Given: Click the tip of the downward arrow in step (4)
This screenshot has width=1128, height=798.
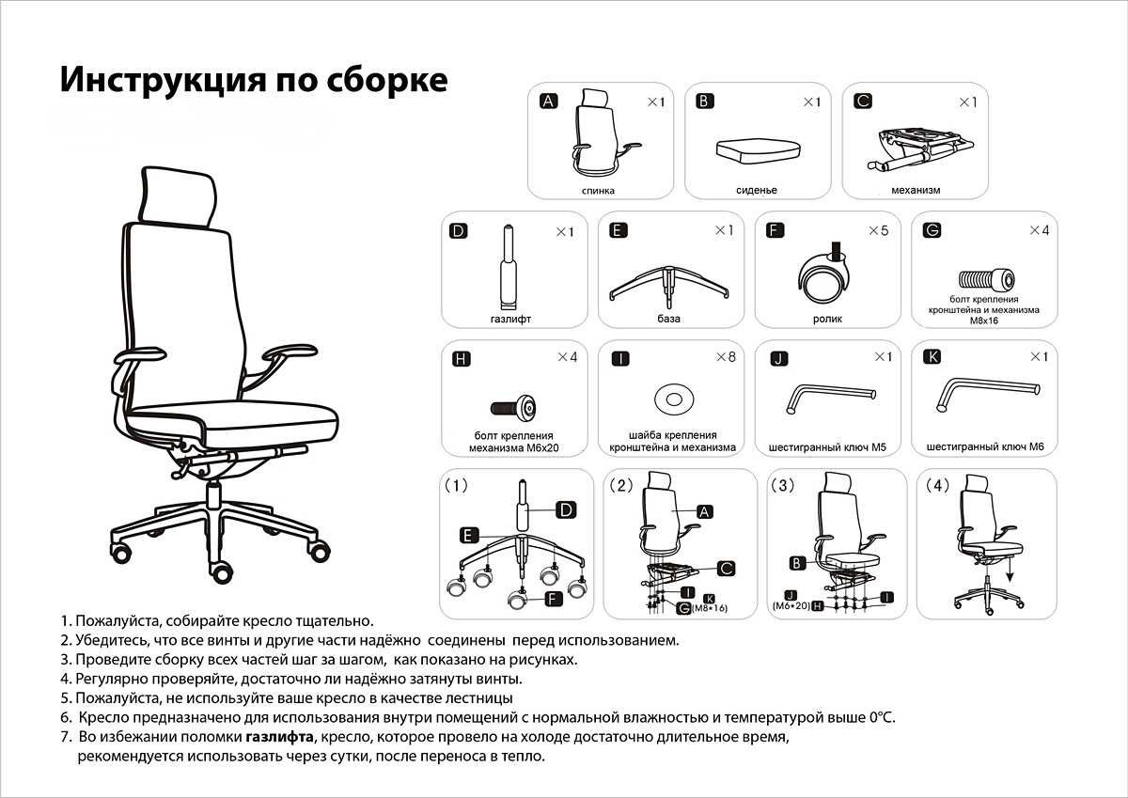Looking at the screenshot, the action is [x=1010, y=582].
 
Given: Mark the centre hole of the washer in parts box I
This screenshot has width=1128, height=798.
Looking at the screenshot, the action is [x=674, y=399].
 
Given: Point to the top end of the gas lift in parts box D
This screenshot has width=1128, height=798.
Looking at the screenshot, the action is [x=509, y=227].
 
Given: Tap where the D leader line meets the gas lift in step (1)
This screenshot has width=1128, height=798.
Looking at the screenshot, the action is [x=527, y=510].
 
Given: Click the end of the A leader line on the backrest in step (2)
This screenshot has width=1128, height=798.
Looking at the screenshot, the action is [x=671, y=511].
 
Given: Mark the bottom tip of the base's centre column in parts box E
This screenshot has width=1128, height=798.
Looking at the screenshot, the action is [x=668, y=307].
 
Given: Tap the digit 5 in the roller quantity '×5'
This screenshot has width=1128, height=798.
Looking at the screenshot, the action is [x=885, y=230].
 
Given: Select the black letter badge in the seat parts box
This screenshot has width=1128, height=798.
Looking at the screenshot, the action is [x=704, y=102].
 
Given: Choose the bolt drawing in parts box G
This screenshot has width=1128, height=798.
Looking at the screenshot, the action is [x=986, y=278].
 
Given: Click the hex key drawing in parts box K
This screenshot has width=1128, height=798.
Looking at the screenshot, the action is [x=987, y=394].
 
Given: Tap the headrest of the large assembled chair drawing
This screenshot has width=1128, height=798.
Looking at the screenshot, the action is [x=178, y=196].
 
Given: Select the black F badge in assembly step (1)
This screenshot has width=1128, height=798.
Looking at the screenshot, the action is [x=553, y=599].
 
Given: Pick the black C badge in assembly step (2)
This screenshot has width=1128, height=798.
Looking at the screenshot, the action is [x=726, y=569].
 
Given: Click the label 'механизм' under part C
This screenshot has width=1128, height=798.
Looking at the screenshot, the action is [x=916, y=190].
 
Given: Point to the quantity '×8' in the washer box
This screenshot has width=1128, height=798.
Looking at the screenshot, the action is [x=726, y=357].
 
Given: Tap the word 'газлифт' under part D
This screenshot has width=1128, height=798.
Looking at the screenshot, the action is [x=510, y=319].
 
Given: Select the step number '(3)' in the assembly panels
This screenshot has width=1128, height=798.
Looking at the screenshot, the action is [x=783, y=485].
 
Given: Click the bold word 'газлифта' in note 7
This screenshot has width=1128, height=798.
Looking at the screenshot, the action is [x=279, y=737].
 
